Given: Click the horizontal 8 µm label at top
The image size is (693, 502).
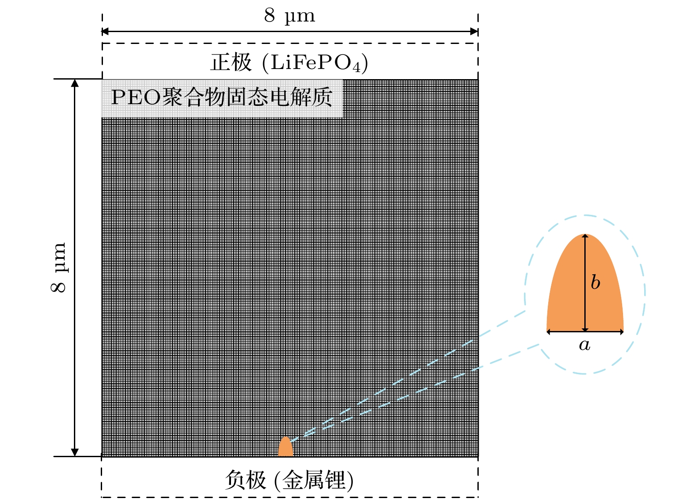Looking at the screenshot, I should pos(290,16).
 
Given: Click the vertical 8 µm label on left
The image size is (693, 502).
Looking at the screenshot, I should pos(58,267).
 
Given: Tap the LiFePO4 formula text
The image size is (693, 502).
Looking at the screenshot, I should pos(315,63).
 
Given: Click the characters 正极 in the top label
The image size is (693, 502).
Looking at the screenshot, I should pos(231,62).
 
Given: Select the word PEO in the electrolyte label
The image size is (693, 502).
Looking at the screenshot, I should pos(136,97).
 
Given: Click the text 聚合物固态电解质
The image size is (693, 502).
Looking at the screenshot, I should pos(247,97).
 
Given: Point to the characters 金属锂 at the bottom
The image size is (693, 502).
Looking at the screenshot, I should pos(313,480).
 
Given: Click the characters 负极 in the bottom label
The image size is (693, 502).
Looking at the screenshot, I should pos(246,480).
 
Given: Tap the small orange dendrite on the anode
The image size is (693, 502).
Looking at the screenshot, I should pos(286,447).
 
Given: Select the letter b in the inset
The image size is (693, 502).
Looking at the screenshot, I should pos(595,282).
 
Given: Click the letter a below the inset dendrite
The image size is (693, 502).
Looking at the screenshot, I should pos(584,345).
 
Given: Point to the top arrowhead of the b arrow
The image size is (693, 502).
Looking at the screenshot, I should pos(585,237).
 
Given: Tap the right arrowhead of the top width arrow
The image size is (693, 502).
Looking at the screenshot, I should pos(474,31).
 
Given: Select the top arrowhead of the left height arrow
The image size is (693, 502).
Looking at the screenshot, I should pos(75,83).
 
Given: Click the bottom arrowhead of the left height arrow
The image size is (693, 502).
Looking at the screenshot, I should pos(75,452).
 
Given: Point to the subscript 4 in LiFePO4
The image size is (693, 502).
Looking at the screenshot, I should pos(356,68).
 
